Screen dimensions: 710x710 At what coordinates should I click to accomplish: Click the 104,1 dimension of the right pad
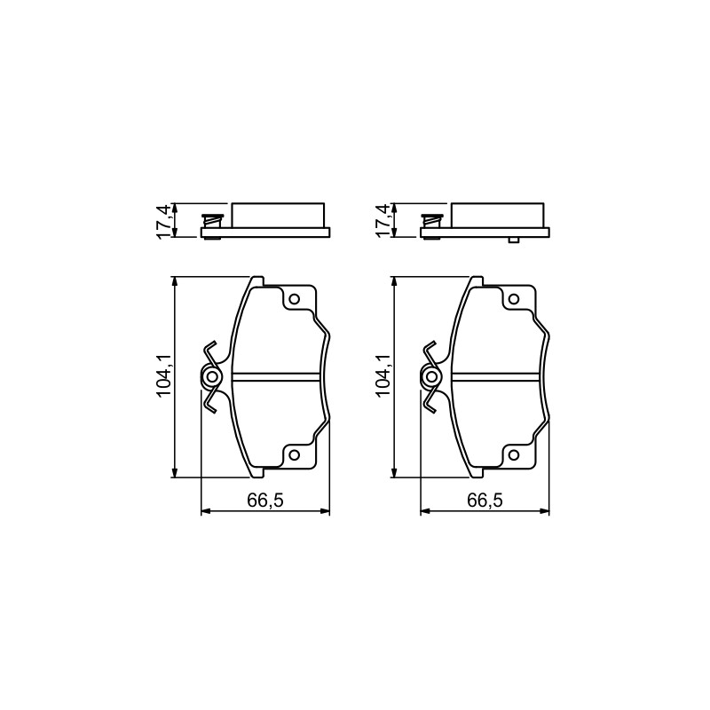point(383,376)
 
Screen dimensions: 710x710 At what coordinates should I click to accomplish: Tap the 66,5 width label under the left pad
point(265,501)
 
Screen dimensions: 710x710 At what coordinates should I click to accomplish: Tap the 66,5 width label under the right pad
point(485,501)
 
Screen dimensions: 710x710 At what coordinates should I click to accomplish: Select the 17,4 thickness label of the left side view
point(163,220)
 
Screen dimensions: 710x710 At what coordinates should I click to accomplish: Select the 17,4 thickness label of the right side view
point(383,220)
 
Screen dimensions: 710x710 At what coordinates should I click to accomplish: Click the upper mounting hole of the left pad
point(295,299)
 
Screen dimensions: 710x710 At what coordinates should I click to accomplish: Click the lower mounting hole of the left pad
point(295,454)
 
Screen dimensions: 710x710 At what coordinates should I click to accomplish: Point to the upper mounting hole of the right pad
point(514,299)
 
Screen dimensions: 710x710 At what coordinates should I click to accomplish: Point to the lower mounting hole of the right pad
point(514,454)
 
